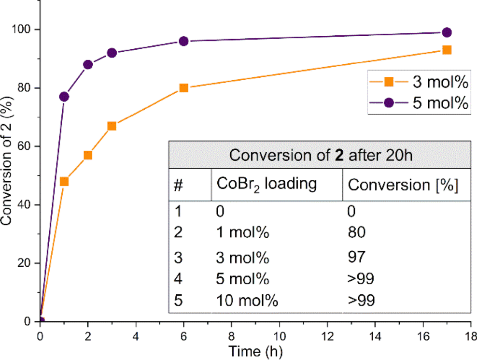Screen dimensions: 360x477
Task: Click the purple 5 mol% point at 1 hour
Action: coord(64,97)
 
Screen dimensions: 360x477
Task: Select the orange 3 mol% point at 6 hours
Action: coord(183,88)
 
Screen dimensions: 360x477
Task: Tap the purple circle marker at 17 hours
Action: coord(447,32)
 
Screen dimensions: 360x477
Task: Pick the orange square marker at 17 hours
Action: coord(447,50)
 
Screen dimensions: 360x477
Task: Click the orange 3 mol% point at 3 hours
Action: coord(112,126)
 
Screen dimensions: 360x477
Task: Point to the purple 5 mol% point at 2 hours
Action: coord(88,65)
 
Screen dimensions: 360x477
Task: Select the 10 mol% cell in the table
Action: coord(247,301)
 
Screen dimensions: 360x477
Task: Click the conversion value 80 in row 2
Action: coord(356,233)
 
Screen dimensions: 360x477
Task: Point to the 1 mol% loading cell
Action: coord(242,233)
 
